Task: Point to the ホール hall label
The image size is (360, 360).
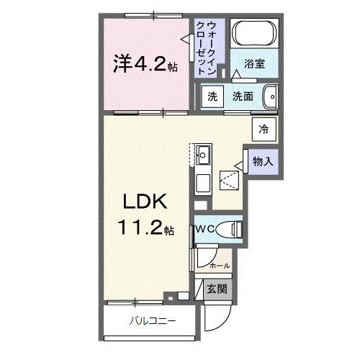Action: pos(219,266)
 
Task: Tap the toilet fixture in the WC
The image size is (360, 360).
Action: pos(229,230)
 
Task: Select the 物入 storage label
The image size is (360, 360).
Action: pos(263,161)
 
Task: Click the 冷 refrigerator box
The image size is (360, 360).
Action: pos(264,130)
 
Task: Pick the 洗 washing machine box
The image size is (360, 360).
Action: pos(212,97)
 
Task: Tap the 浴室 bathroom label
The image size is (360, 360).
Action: pos(254,63)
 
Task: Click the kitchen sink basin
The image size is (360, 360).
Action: pos(204,153)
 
